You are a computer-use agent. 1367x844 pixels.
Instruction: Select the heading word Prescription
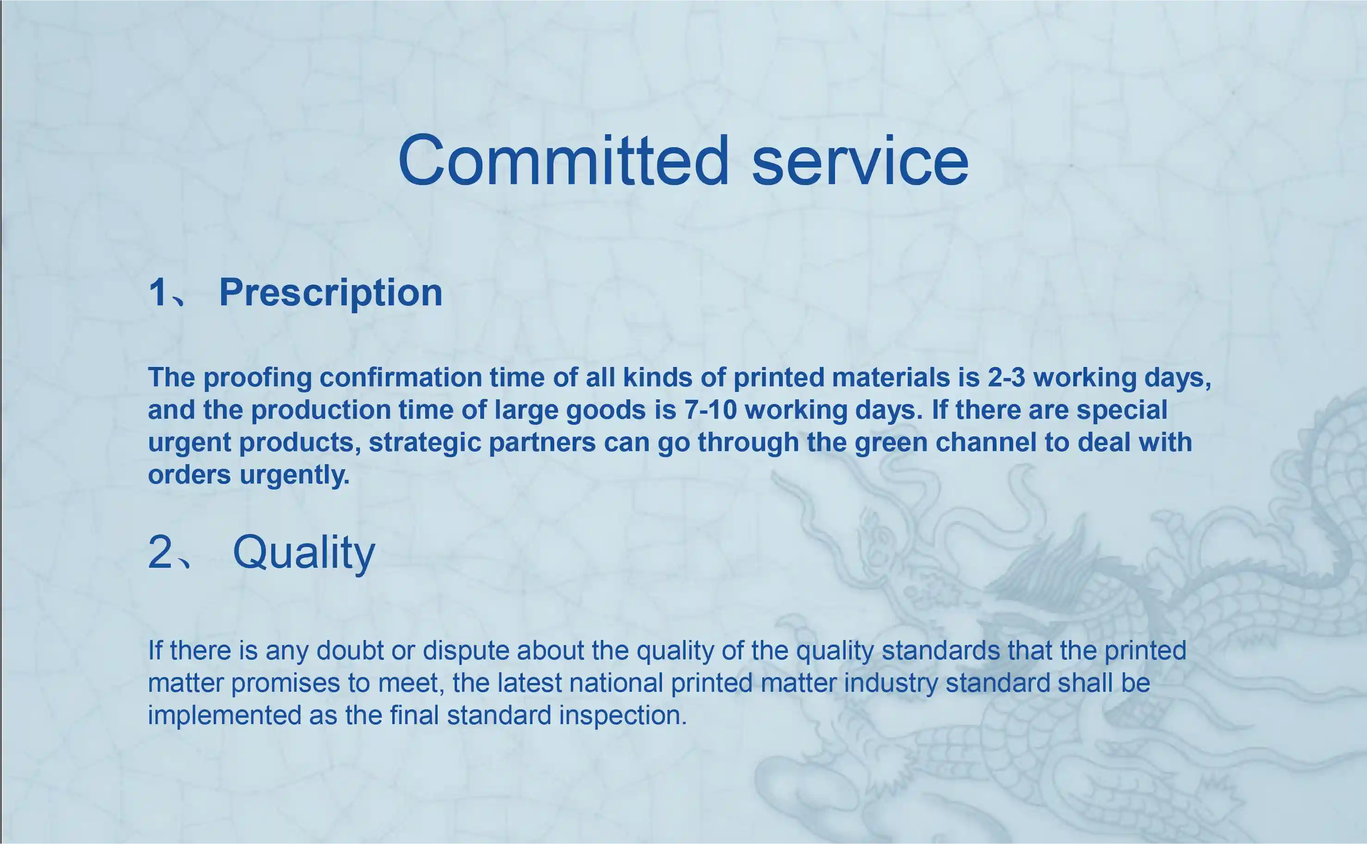[331, 292]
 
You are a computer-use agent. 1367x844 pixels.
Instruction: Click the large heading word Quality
[304, 552]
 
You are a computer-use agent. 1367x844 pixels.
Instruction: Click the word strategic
[423, 443]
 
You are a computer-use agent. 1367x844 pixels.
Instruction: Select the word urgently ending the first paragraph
[295, 476]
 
